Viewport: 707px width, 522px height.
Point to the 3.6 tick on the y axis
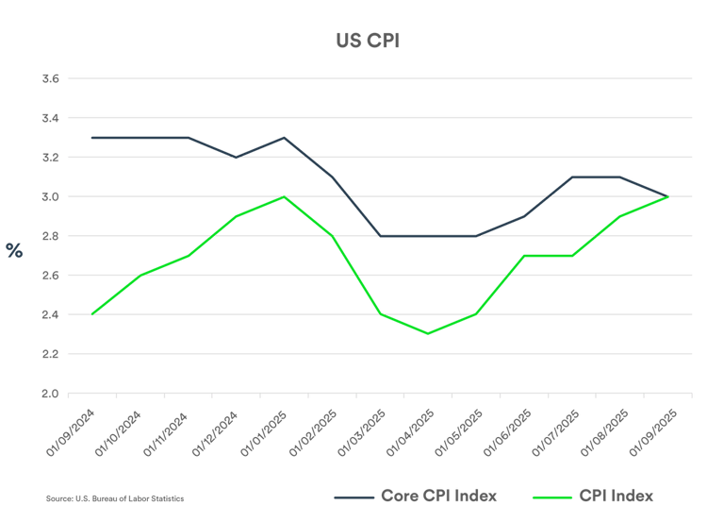50,79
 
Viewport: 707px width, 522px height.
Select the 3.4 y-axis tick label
50,119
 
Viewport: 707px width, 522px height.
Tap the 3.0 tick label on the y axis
50,197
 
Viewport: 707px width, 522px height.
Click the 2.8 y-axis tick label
50,236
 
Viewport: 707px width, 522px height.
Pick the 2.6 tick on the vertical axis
50,276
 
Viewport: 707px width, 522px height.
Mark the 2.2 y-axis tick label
50,354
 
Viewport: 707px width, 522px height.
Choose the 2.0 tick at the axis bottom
50,394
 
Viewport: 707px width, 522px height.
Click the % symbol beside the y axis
14,250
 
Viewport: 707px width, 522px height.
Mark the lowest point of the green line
428,334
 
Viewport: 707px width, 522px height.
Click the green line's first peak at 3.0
284,196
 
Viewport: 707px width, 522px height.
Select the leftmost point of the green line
91,314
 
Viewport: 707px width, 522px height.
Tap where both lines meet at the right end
667,196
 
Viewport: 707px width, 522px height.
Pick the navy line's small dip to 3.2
236,158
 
